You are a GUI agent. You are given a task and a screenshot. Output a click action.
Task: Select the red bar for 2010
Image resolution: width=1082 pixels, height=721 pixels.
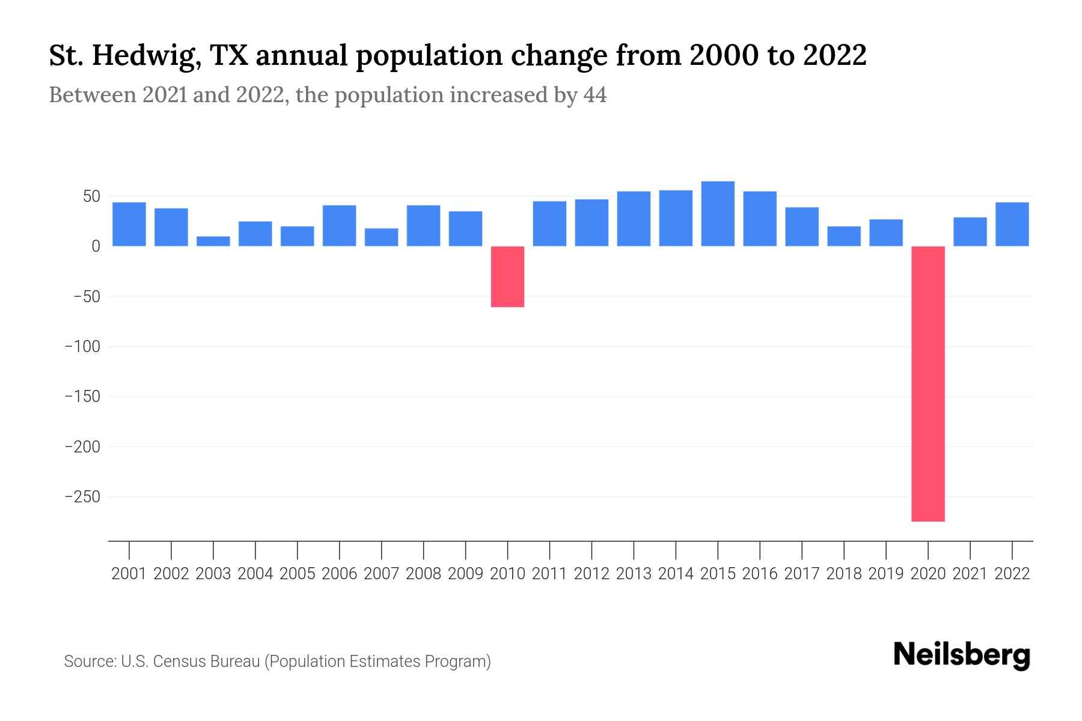[x=507, y=276]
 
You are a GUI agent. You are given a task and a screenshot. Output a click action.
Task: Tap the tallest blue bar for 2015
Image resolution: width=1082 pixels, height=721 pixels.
[x=718, y=213]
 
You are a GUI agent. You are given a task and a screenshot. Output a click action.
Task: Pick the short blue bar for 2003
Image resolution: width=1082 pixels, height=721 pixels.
[x=213, y=241]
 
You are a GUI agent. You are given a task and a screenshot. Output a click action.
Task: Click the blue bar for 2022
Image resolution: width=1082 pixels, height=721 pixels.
[x=1012, y=224]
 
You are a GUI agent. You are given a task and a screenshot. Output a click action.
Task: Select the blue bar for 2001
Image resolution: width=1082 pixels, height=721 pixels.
[x=129, y=224]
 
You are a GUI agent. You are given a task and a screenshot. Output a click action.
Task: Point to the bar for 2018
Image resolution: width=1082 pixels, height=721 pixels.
[x=844, y=236]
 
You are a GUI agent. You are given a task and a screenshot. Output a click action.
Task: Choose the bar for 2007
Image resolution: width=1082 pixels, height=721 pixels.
[x=381, y=237]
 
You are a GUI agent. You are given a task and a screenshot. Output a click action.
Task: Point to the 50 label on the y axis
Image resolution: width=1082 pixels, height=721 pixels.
[x=91, y=196]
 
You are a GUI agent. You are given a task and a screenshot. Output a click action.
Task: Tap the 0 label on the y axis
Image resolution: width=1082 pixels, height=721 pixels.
[x=96, y=246]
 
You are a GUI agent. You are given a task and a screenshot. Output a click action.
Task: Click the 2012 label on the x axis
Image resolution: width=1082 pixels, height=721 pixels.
[x=591, y=574]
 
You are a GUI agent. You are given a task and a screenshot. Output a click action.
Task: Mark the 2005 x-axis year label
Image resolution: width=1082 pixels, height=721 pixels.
[x=297, y=574]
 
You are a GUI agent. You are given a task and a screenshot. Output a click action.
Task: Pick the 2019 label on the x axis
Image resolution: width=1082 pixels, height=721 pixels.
[x=886, y=574]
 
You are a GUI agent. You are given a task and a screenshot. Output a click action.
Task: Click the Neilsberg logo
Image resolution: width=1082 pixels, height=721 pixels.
[x=962, y=655]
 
